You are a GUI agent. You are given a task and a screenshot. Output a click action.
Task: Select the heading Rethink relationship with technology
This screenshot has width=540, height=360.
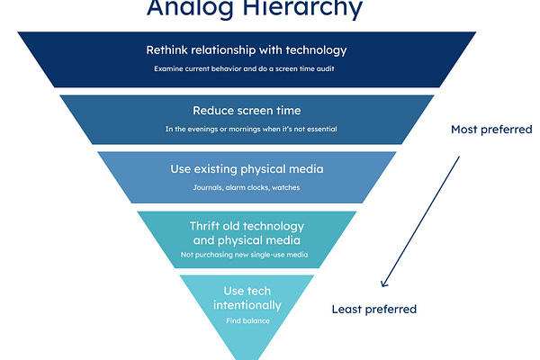click(246, 49)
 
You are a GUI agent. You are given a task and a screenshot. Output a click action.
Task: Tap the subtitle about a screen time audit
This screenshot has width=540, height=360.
click(246, 68)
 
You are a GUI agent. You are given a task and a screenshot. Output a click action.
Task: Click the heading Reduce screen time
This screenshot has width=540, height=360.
click(246, 111)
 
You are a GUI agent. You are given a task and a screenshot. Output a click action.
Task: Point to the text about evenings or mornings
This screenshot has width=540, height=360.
click(246, 129)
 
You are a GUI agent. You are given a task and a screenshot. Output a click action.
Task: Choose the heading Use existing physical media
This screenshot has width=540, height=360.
click(246, 168)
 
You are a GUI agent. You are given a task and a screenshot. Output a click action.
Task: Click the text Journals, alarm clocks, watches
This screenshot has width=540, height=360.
click(246, 187)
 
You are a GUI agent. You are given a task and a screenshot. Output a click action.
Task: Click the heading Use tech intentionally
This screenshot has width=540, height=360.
click(246, 297)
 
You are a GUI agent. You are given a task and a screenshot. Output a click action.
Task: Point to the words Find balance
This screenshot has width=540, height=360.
click(246, 319)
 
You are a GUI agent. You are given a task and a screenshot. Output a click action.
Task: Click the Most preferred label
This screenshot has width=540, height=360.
click(491, 130)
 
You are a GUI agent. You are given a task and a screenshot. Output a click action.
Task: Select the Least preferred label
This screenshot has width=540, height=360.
click(374, 309)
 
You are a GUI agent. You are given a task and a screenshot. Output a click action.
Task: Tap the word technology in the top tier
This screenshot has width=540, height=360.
click(313, 49)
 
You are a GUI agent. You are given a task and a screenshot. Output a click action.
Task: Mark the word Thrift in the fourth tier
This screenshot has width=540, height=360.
click(206, 225)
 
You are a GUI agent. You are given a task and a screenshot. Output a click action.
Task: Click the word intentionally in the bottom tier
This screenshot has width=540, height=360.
click(246, 305)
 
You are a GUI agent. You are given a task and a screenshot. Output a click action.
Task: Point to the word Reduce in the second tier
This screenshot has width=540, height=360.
click(214, 111)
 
